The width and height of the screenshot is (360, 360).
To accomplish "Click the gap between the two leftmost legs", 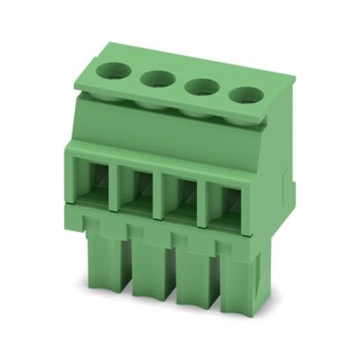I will pyautogui.click(x=124, y=265).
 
